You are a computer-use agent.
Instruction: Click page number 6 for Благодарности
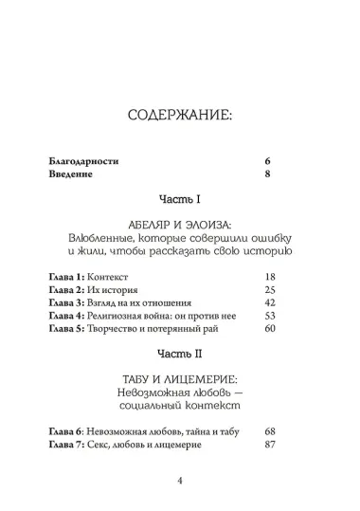click(x=268, y=162)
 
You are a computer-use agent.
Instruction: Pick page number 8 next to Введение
click(x=268, y=175)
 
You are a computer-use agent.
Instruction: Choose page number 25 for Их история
click(x=268, y=288)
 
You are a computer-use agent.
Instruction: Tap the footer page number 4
click(x=179, y=479)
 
